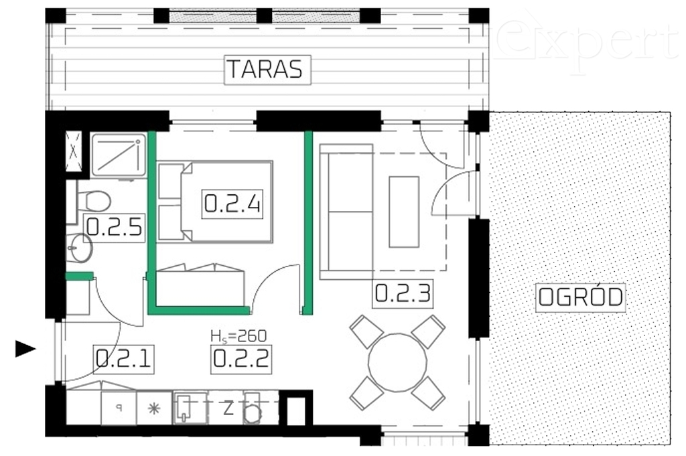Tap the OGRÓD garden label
[581, 297]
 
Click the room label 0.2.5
[114, 228]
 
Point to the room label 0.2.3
[401, 293]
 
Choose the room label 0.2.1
[124, 359]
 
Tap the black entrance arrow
[25, 348]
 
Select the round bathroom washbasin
[79, 248]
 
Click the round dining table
[397, 364]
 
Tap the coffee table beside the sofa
[404, 211]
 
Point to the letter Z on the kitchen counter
[228, 408]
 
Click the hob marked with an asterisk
[154, 408]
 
